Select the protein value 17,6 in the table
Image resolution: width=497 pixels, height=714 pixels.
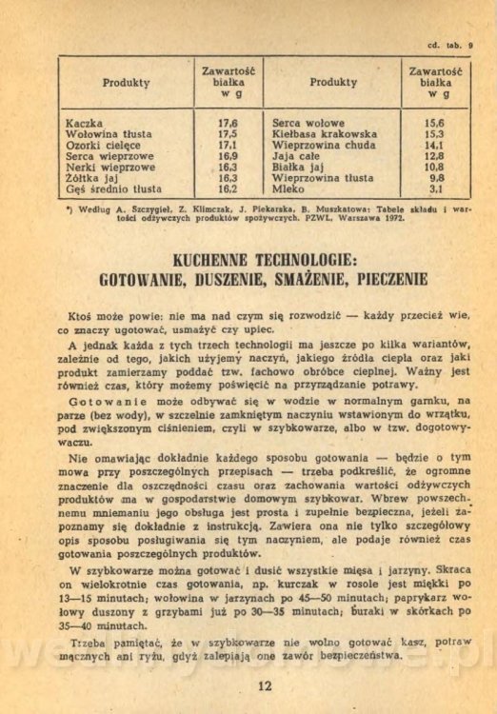coord(228,124)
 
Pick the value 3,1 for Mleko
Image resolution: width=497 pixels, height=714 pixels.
coord(437,189)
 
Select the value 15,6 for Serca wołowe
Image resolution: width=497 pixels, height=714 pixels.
coord(434,124)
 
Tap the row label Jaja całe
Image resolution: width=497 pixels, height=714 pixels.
coord(298,156)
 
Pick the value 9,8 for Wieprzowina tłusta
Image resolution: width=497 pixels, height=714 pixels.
coord(437,178)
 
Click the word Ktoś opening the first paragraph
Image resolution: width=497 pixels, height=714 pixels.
coord(84,314)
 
